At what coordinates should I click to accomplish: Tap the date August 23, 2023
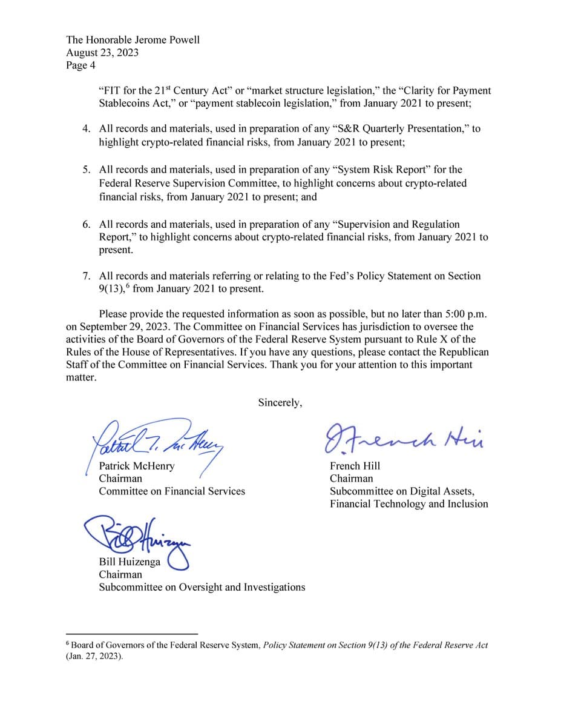click(102, 52)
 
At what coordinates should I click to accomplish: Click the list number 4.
click(87, 129)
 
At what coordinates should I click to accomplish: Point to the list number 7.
click(87, 276)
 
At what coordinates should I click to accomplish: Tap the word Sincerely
click(280, 402)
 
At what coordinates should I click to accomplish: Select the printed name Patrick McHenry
click(137, 466)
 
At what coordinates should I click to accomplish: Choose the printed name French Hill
click(355, 466)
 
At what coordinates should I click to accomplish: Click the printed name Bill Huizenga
click(130, 562)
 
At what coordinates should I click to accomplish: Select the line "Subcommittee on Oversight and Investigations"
click(202, 587)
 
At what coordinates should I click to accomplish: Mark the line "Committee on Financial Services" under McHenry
click(172, 491)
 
